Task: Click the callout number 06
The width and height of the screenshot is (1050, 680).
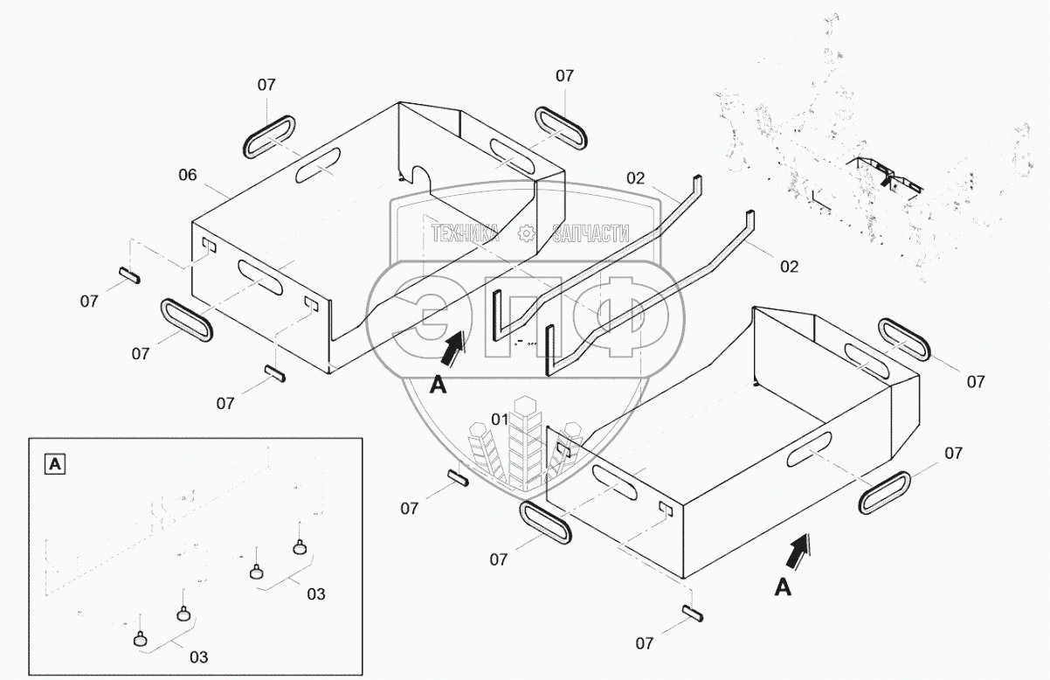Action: (x=188, y=175)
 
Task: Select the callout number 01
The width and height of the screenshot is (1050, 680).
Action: (x=500, y=420)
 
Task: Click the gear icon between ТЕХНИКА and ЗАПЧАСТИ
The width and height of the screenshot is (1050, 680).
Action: (x=526, y=233)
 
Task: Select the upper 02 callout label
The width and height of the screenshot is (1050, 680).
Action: (x=635, y=178)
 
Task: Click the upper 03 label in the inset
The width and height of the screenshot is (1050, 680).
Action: (x=315, y=594)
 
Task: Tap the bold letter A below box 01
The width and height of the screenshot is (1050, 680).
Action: (x=783, y=588)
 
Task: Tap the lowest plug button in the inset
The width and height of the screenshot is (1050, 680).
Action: (x=142, y=641)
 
